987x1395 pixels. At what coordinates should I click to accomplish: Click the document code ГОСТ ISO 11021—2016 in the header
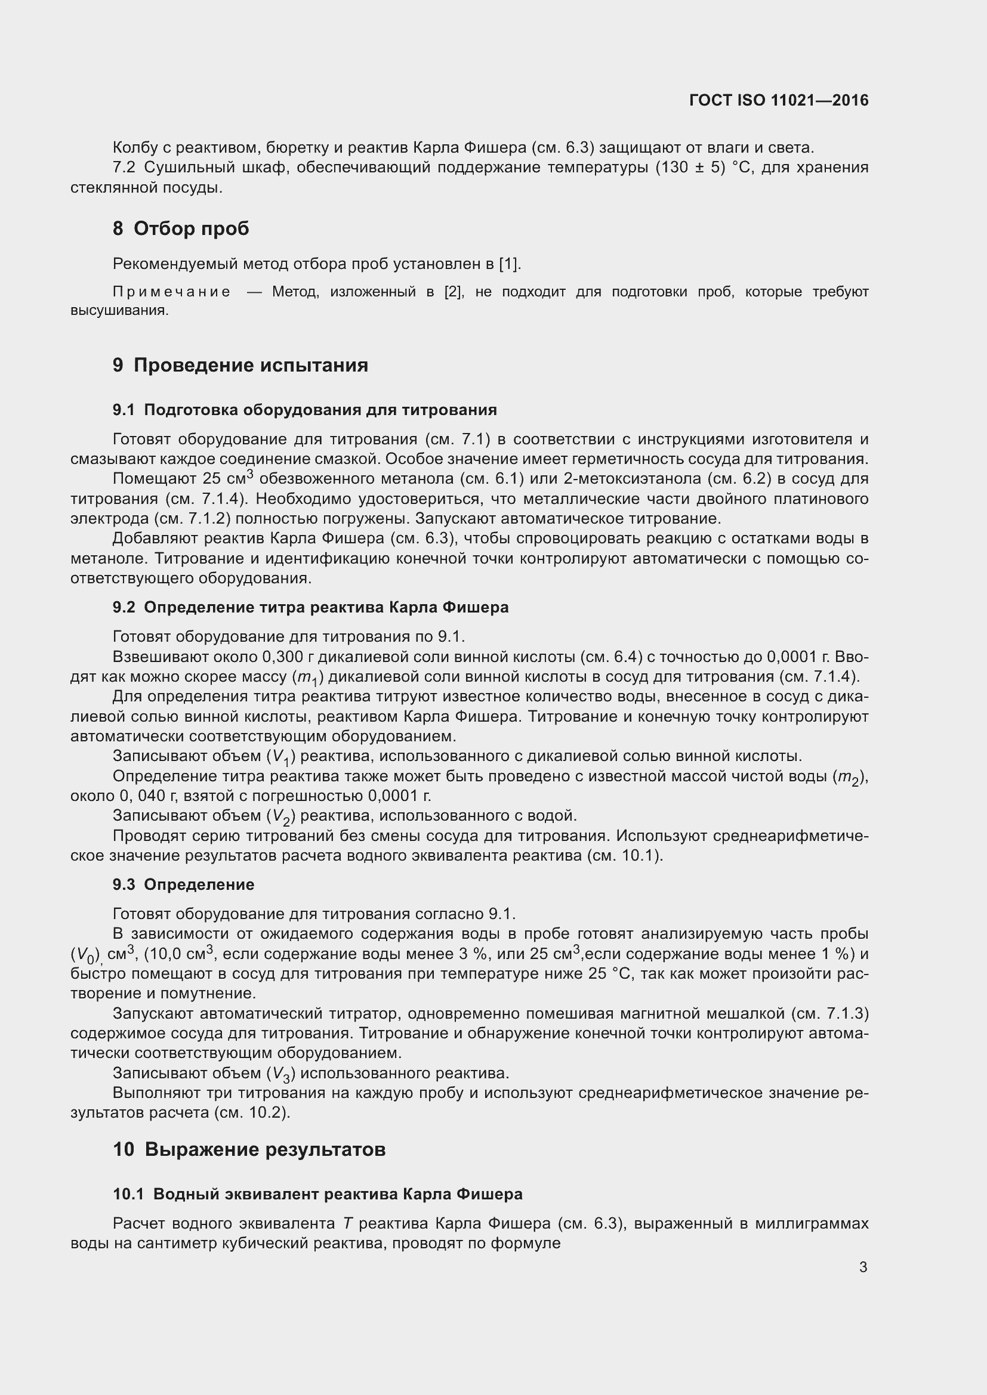[x=779, y=100]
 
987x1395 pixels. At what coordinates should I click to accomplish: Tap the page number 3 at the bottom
[x=863, y=1267]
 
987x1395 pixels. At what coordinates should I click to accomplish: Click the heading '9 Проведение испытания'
[x=240, y=365]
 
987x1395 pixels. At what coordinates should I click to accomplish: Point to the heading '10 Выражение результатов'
[x=249, y=1149]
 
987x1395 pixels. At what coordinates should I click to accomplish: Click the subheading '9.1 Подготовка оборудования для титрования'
[x=304, y=410]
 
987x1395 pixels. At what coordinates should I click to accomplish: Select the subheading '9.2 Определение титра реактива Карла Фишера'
[x=310, y=608]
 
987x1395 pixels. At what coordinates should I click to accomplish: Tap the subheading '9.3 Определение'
[x=184, y=884]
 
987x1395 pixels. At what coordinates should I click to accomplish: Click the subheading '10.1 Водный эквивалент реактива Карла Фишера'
[x=317, y=1195]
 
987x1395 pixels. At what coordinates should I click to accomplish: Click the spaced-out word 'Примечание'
[x=171, y=292]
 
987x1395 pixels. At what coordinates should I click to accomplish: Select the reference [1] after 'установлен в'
[x=508, y=264]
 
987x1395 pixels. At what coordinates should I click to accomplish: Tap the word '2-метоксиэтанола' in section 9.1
[x=632, y=479]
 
